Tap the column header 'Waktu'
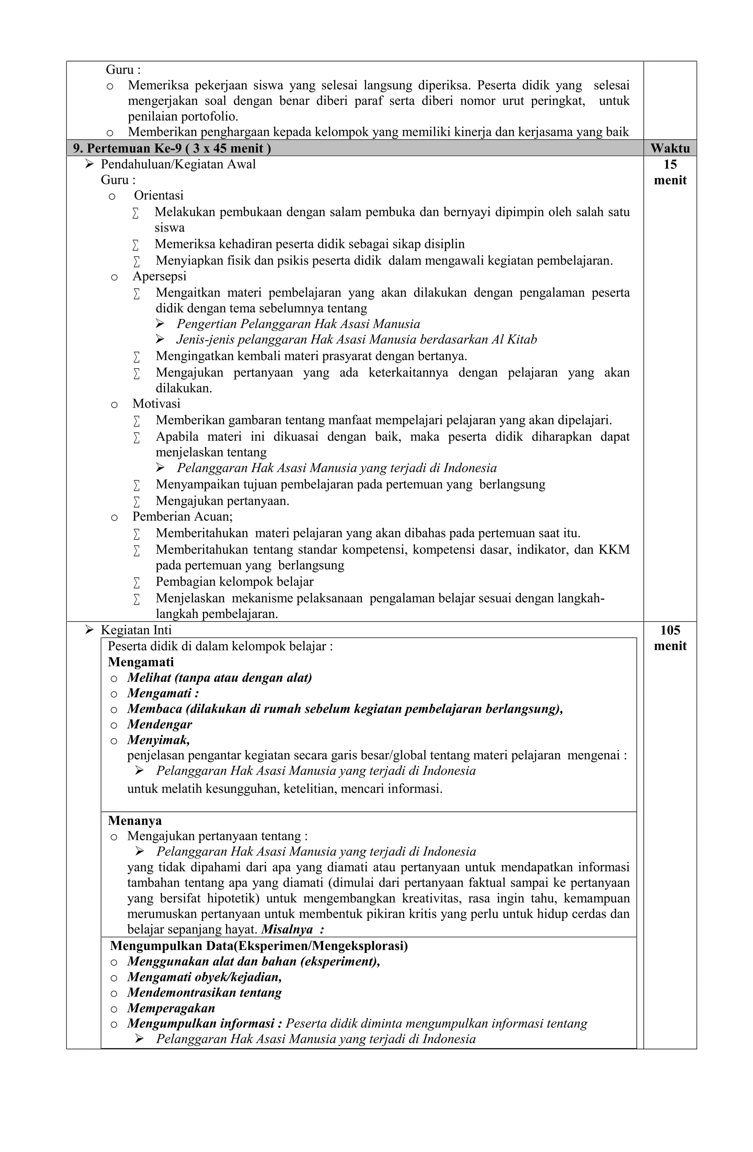670,148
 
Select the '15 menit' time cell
670,172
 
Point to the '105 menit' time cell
670,637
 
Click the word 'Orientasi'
159,196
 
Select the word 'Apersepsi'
159,276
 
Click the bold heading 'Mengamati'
140,662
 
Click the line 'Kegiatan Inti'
136,630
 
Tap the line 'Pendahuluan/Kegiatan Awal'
178,164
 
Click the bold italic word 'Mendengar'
160,724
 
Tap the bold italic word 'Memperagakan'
171,1008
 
